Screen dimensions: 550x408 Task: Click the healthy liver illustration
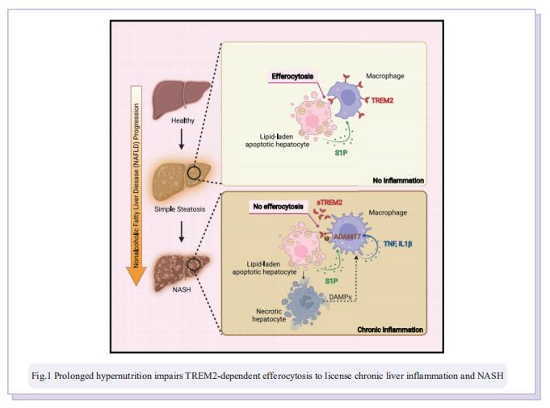point(181,99)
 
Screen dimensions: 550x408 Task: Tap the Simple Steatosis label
point(179,209)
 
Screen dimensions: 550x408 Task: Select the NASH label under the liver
point(182,290)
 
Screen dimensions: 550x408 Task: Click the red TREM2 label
point(382,101)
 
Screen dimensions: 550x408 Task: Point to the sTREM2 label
point(330,203)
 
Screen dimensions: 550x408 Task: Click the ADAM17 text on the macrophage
point(347,237)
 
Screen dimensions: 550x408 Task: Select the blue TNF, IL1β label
point(398,243)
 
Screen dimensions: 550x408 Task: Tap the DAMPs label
point(340,297)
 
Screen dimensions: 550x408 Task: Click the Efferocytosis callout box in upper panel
point(292,77)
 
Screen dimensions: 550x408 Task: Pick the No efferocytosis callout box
point(278,206)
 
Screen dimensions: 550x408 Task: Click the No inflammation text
point(398,181)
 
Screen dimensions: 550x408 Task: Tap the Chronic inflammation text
point(390,330)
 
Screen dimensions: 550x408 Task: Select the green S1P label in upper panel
point(341,153)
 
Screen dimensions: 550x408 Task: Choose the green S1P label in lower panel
point(331,281)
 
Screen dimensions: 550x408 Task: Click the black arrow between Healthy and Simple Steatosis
point(182,139)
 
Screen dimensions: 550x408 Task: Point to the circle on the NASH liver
point(194,264)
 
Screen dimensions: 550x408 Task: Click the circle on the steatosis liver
point(194,173)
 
